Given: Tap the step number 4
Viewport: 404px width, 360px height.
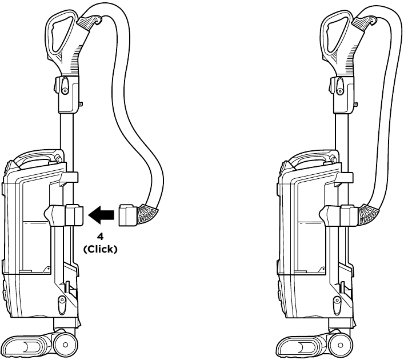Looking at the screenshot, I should point(101,237).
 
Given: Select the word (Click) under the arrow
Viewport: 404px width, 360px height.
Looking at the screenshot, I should point(100,250).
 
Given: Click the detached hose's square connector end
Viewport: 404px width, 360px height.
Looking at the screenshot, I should point(128,215).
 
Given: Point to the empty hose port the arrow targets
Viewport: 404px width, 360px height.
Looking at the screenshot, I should point(74,215).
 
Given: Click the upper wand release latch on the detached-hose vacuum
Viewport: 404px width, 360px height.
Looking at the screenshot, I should point(65,88).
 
